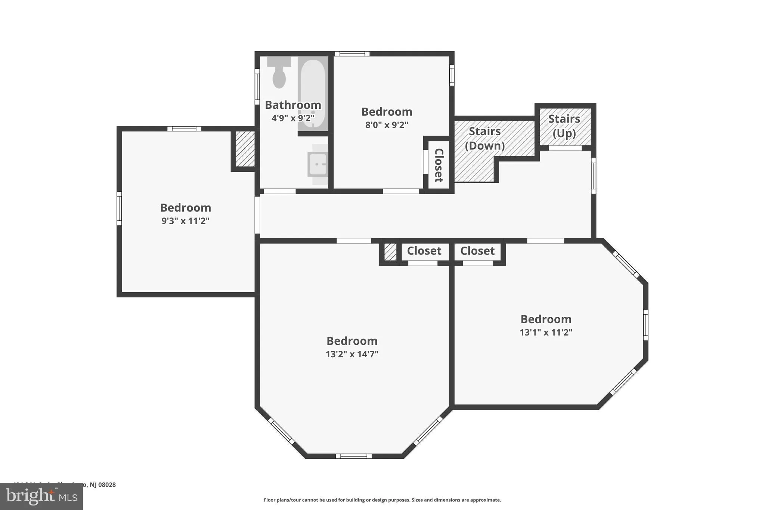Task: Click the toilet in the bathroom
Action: coord(279,72)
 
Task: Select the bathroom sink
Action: coord(318,164)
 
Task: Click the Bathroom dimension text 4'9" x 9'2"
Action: coord(293,118)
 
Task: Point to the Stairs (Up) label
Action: coord(564,126)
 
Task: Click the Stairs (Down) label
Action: coord(484,139)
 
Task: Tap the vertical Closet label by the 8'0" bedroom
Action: coord(439,165)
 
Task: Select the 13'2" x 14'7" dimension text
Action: coord(352,354)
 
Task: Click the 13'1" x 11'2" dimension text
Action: coord(546,332)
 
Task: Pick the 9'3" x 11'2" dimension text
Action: coord(185,221)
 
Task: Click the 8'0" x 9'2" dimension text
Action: coord(387,125)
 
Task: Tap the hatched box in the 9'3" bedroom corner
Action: coord(245,149)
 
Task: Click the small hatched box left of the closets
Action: coord(390,252)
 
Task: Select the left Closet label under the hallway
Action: coord(424,251)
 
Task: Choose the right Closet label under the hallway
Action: coord(477,251)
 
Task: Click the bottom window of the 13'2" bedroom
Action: coord(353,456)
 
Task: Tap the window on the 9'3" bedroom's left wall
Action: coord(119,208)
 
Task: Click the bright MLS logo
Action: coord(41,496)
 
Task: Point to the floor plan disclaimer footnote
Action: coord(382,500)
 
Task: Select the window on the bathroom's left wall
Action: coord(257,87)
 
